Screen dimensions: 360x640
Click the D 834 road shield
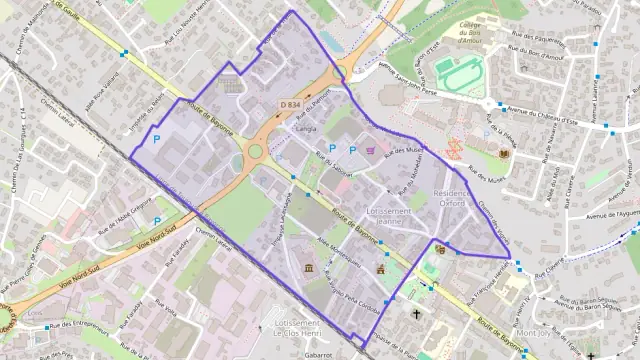290,104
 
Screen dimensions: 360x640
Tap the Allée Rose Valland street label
104,85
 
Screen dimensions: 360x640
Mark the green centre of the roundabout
256,153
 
